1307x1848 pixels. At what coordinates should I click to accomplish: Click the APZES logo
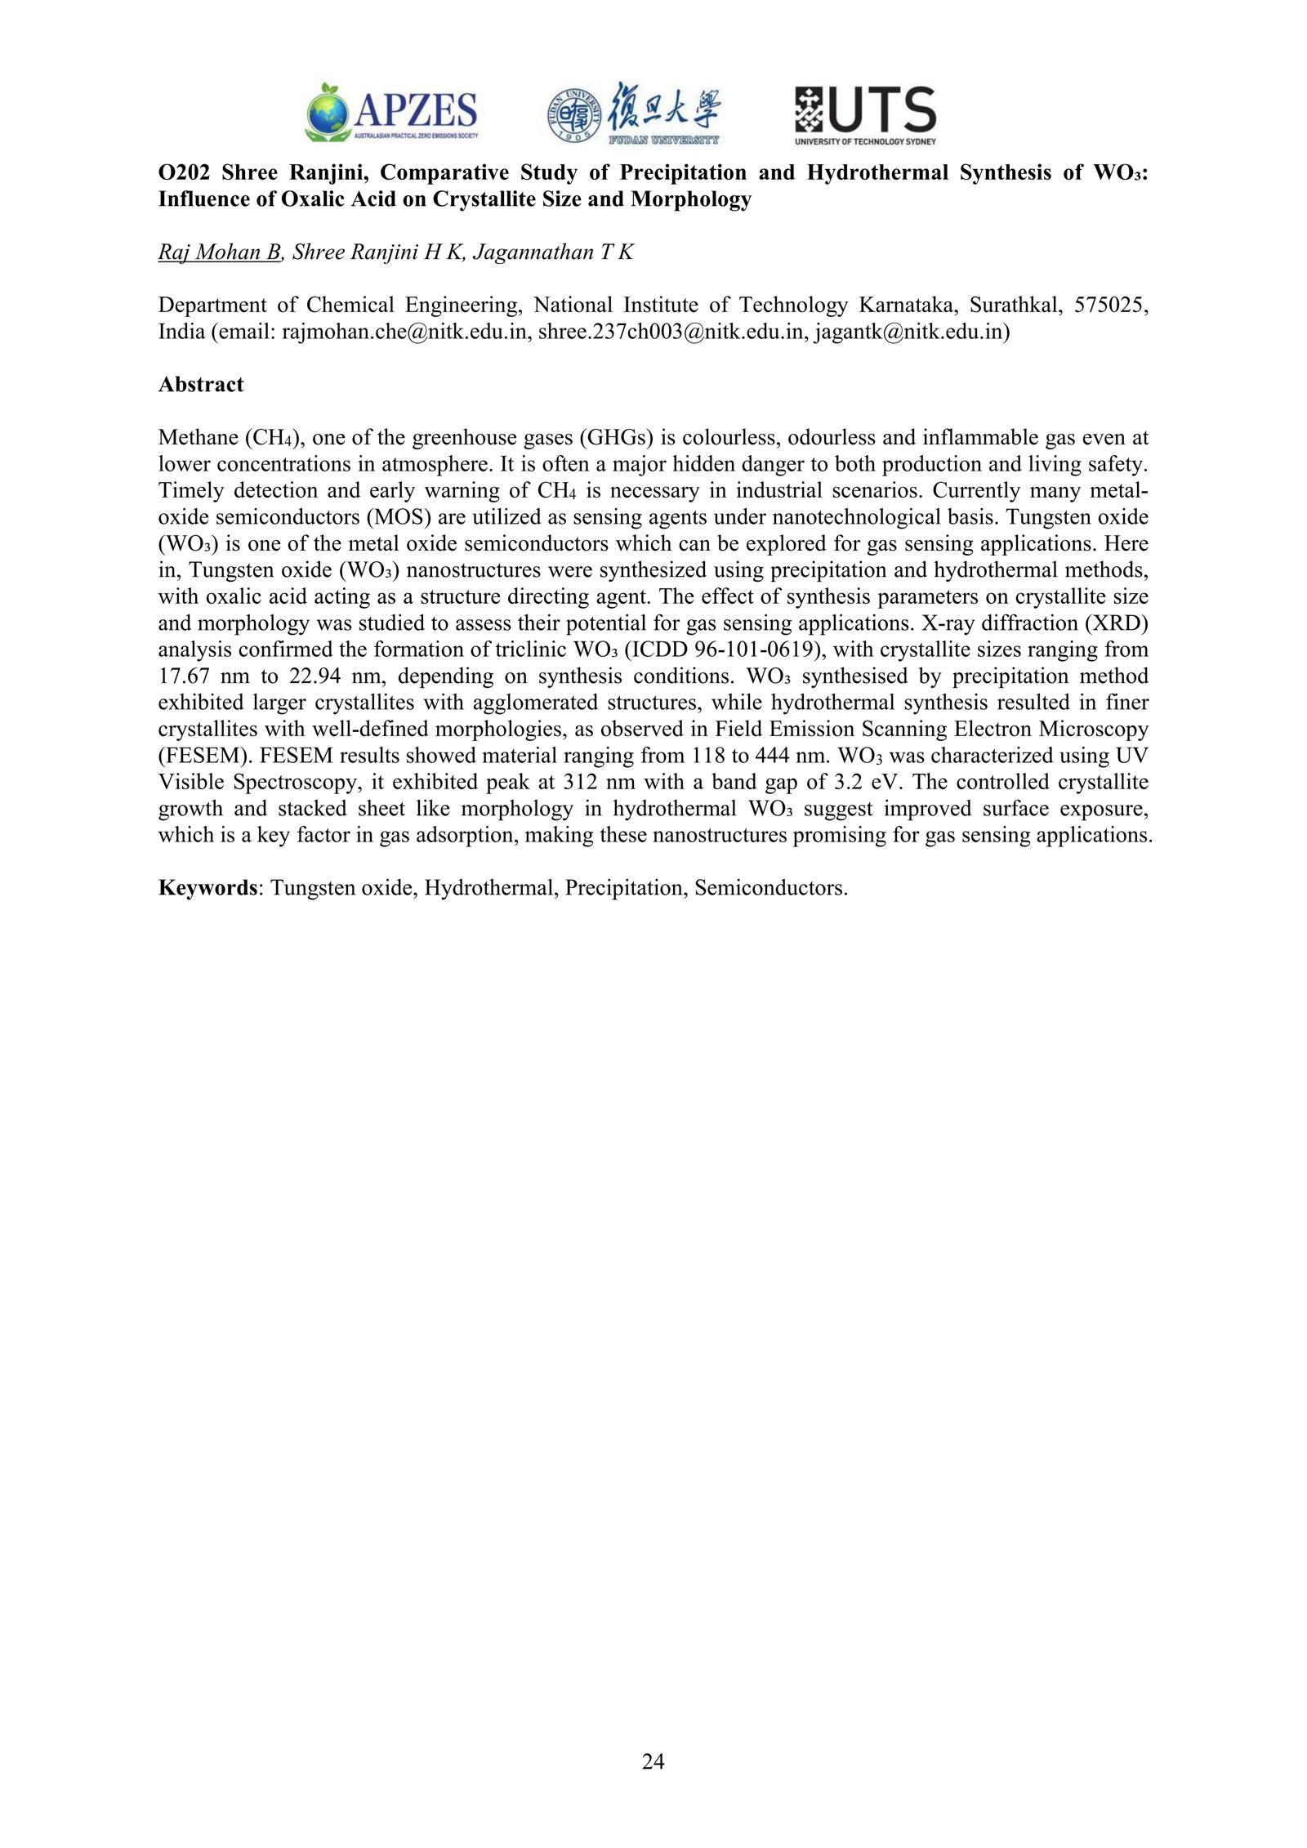point(391,113)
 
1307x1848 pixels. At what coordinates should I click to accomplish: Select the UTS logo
point(865,114)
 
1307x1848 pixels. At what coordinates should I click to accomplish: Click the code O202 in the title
point(182,173)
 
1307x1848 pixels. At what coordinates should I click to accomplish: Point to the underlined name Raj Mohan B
point(220,252)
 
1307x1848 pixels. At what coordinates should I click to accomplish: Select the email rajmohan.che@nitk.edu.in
point(404,333)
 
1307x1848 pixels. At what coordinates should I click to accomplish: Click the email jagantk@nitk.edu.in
point(909,333)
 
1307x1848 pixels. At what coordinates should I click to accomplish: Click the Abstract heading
point(200,385)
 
